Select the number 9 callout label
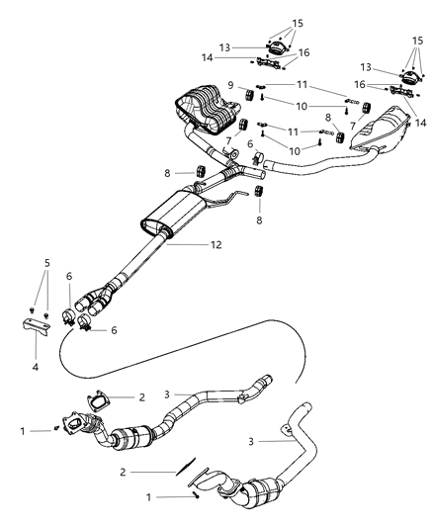coord(229,85)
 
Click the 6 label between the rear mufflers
coord(250,143)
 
